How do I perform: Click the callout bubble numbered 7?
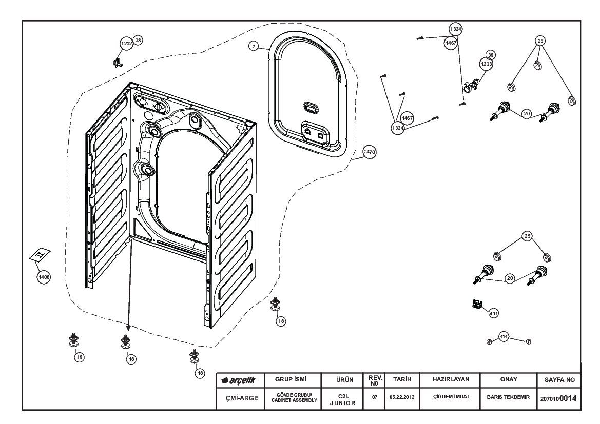[254, 46]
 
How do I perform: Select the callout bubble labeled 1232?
[126, 44]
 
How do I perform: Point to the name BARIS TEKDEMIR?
[508, 397]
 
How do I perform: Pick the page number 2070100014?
[560, 398]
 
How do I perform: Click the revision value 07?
[375, 397]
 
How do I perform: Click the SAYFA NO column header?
[560, 380]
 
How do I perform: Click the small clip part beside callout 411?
[477, 305]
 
